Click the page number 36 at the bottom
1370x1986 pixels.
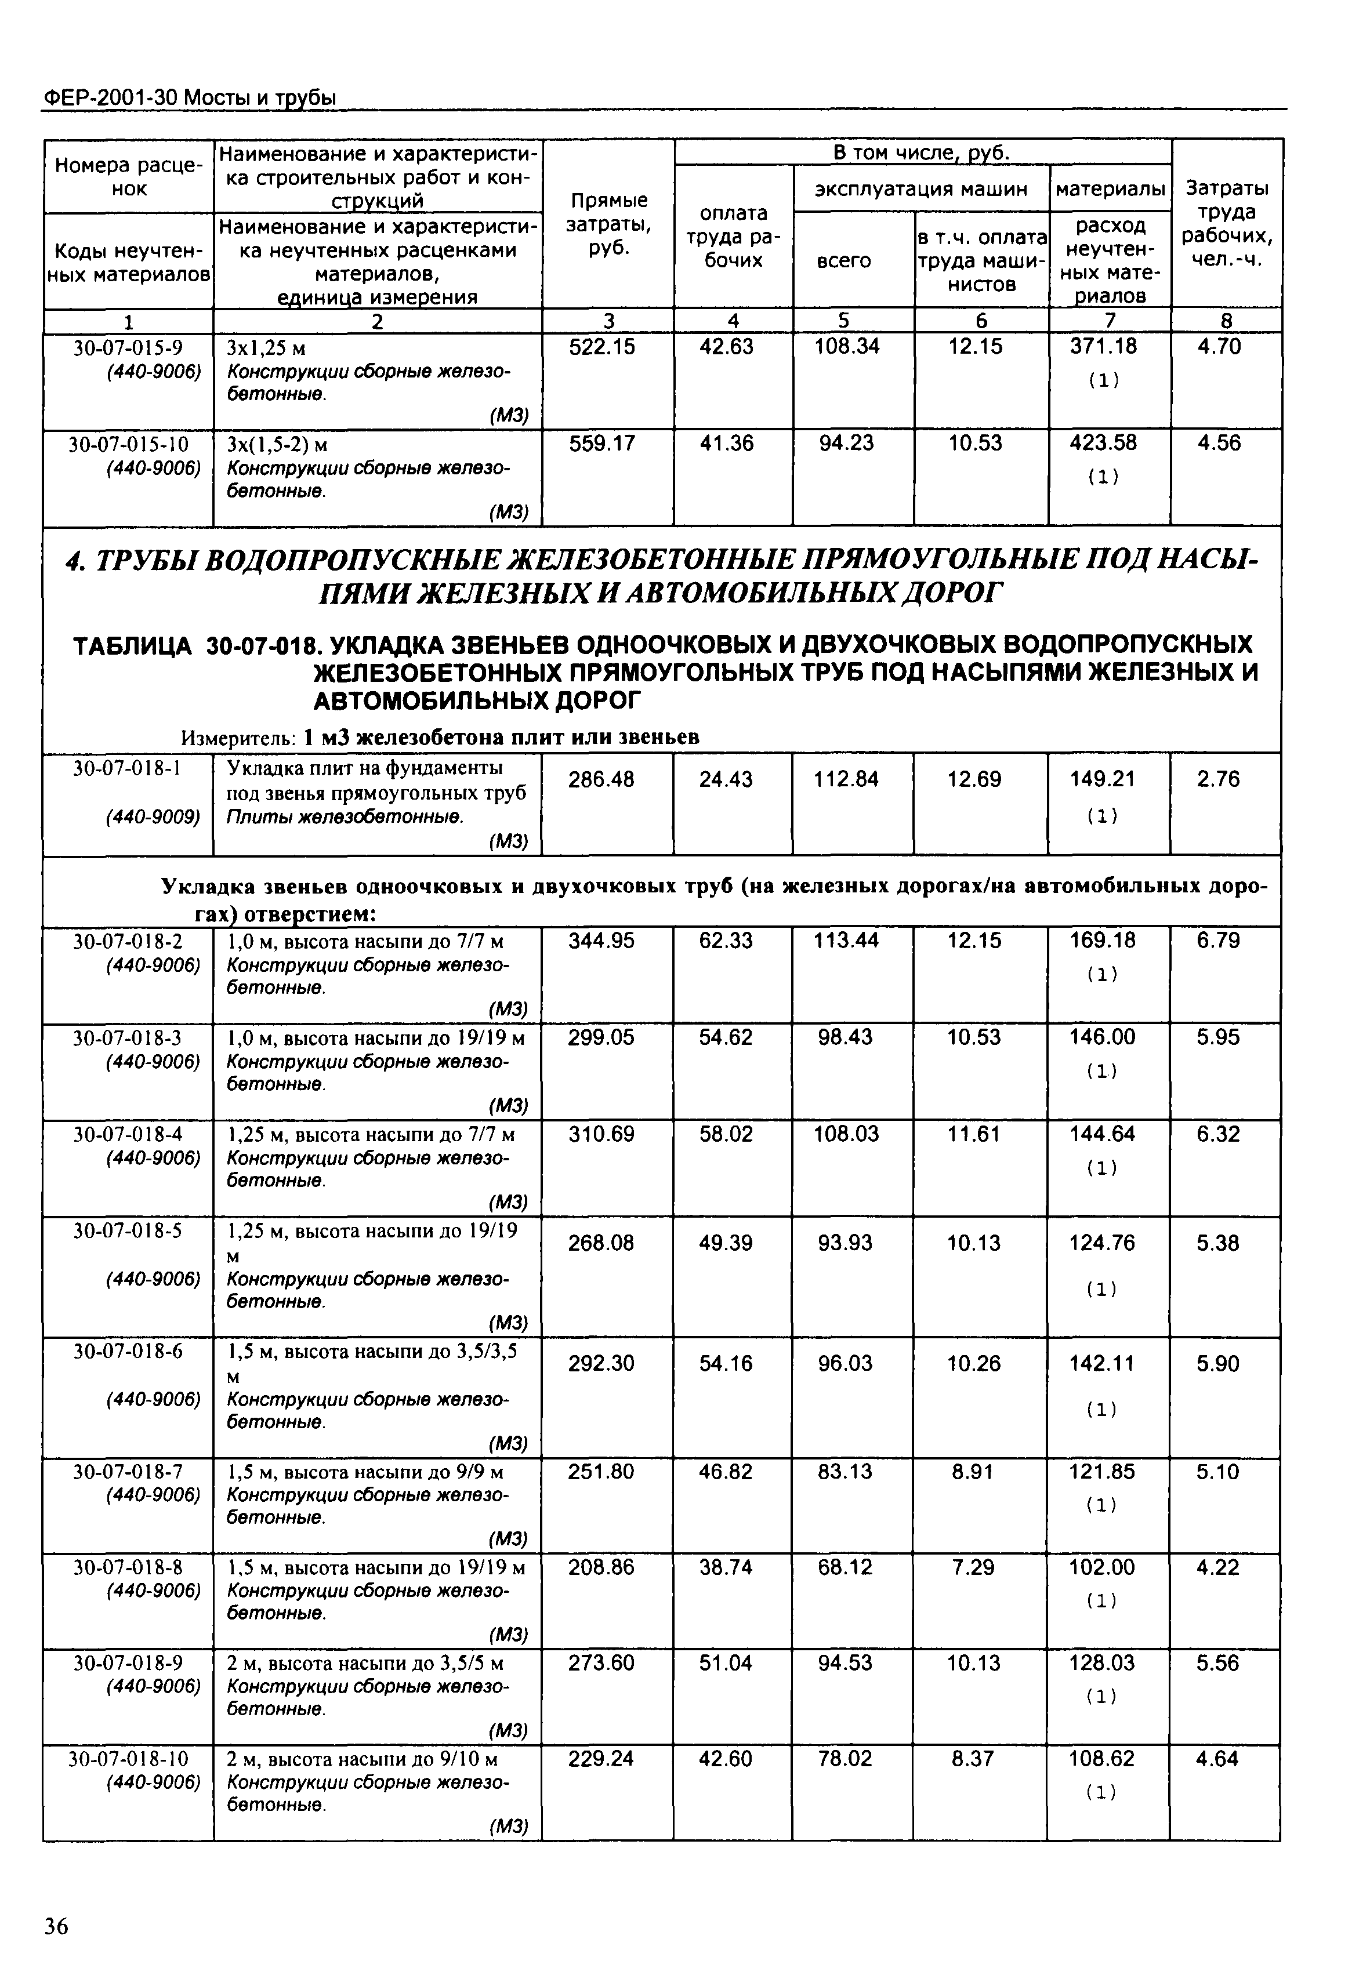pyautogui.click(x=57, y=1927)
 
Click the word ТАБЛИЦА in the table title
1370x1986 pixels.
pyautogui.click(x=133, y=645)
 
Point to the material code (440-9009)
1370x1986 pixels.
pyautogui.click(x=153, y=817)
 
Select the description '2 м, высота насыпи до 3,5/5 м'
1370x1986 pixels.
pyautogui.click(x=365, y=1664)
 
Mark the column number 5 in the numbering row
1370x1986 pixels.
pyautogui.click(x=844, y=321)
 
